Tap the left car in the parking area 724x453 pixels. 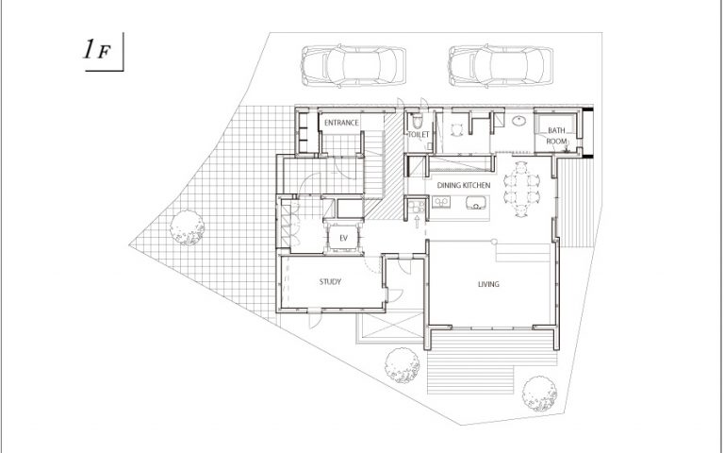(354, 66)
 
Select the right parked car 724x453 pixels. (501, 66)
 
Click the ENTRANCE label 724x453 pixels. (341, 123)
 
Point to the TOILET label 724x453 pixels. (419, 135)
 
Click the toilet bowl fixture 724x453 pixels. (418, 121)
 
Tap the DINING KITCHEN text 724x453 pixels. (464, 185)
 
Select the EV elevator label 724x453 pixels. (343, 239)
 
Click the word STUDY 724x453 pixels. (330, 281)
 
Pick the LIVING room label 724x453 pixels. (488, 284)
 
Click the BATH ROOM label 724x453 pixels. (556, 136)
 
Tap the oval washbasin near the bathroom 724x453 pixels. (520, 121)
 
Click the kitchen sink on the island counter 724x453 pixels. (476, 203)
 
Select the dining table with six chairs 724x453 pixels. (521, 189)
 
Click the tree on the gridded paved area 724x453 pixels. (187, 227)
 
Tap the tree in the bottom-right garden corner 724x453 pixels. (539, 394)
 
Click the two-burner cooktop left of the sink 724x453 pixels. (441, 202)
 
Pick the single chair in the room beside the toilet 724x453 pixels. (456, 130)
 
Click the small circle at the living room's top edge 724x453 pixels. (494, 242)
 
